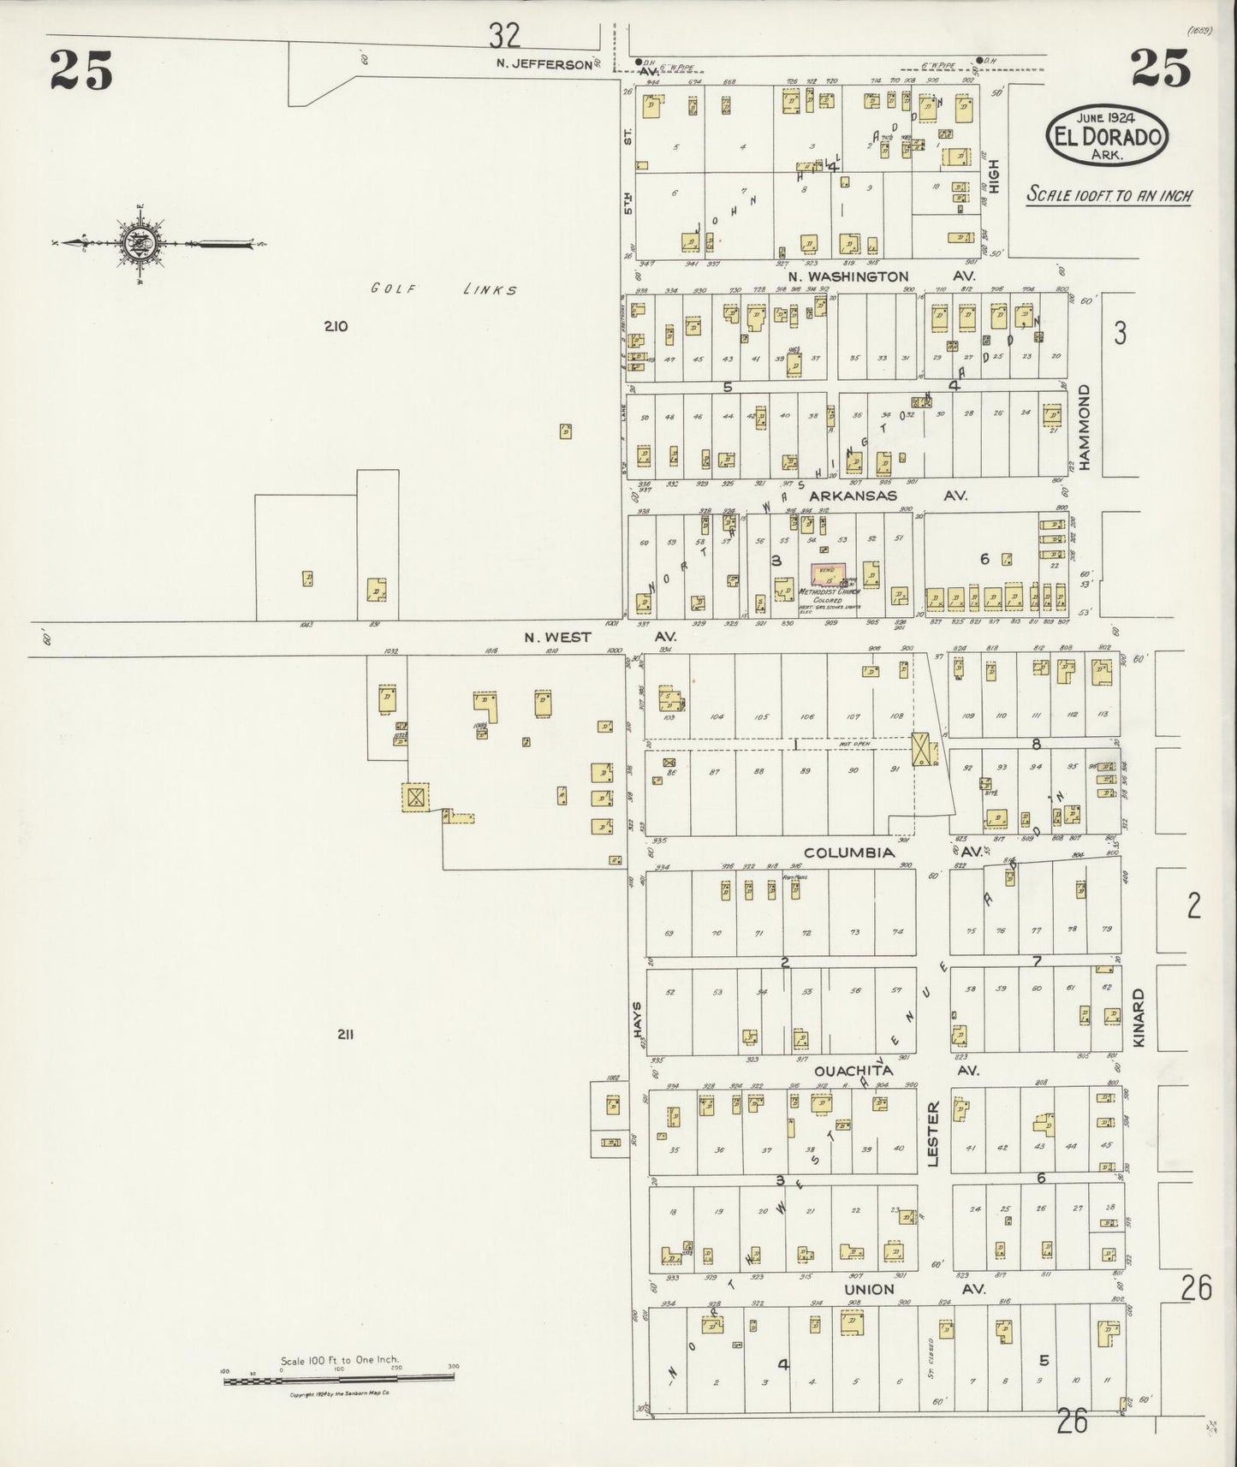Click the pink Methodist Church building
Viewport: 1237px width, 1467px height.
pos(827,574)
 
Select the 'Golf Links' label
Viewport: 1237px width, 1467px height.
pos(443,289)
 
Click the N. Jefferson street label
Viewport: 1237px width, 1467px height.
pos(544,63)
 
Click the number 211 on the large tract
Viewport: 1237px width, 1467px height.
pos(346,1034)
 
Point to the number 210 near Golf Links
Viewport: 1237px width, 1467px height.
pos(336,325)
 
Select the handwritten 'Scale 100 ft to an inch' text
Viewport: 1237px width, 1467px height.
pos(1109,195)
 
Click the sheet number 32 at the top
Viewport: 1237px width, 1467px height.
pos(505,35)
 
